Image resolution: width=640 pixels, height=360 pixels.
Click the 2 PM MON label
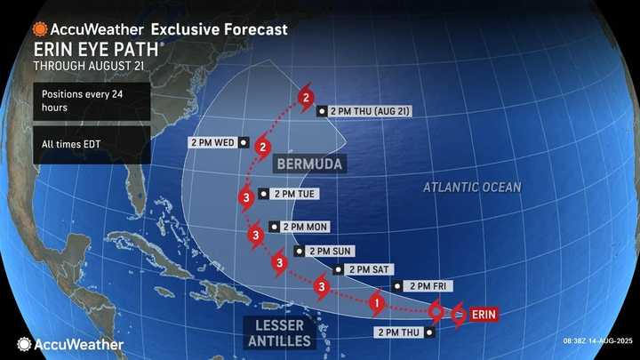[305, 227]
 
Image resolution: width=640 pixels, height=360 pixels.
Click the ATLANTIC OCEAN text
[472, 188]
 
